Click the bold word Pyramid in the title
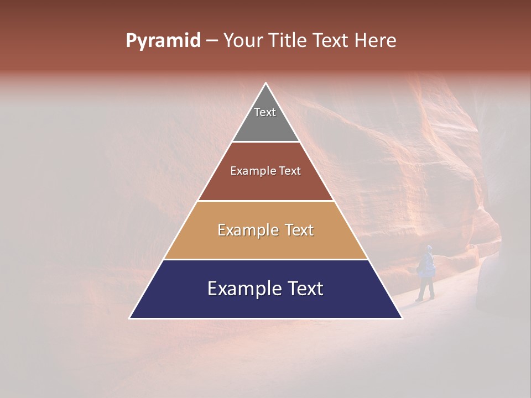click(163, 41)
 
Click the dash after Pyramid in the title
click(212, 41)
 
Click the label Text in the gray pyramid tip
click(265, 112)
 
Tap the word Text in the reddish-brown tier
click(290, 171)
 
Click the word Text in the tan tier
click(299, 230)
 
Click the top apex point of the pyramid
click(265, 83)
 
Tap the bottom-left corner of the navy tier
click(130, 318)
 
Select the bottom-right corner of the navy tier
click(402, 318)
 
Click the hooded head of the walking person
click(429, 249)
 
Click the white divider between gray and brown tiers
click(265, 142)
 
